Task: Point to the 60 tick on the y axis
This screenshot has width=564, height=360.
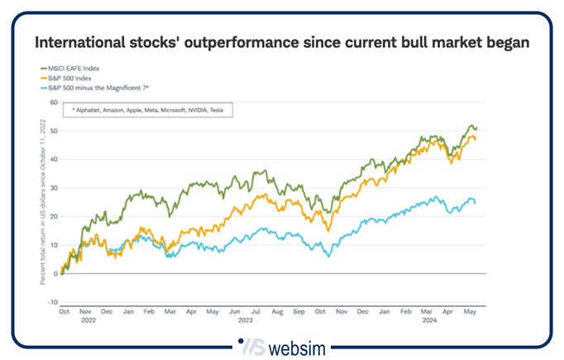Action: click(54, 103)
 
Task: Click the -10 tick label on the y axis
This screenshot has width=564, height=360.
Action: click(53, 302)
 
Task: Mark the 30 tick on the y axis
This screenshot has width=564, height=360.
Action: click(54, 188)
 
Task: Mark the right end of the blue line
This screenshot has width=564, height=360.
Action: click(475, 203)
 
